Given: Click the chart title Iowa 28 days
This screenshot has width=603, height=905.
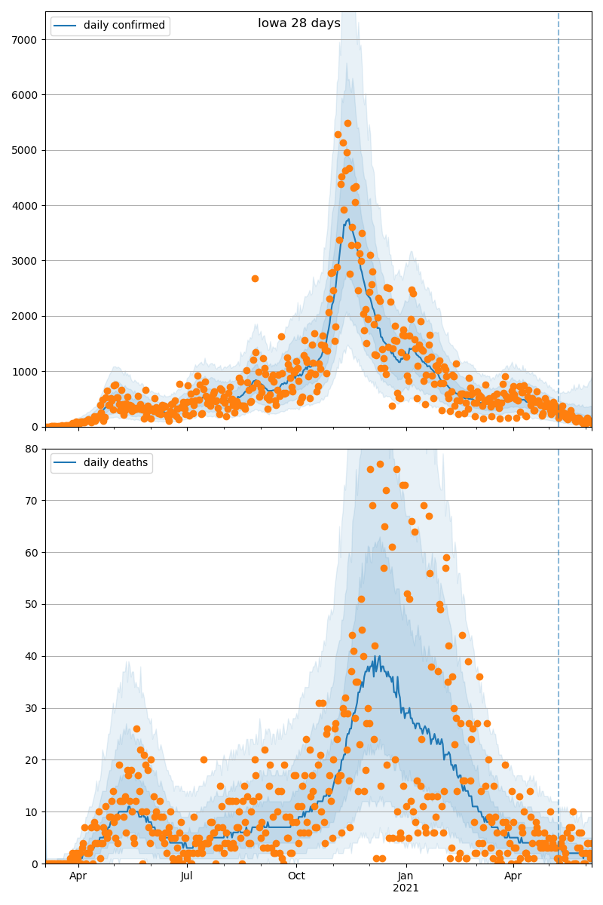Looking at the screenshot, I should (x=299, y=23).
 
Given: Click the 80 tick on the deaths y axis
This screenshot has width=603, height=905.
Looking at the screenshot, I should (x=32, y=449).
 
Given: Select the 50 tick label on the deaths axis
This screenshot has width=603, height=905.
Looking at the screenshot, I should (x=32, y=604).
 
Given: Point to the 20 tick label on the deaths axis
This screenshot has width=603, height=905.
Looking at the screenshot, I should (x=32, y=759).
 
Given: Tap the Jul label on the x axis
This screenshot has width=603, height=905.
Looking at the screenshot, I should (x=186, y=876).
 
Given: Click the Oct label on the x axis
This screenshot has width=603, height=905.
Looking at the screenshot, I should (x=296, y=876).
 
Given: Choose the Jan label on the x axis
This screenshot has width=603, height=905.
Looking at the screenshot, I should (x=406, y=876).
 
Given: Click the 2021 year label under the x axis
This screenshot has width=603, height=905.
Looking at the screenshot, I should (x=406, y=888).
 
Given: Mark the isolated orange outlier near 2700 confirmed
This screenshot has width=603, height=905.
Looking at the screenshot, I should (x=255, y=278).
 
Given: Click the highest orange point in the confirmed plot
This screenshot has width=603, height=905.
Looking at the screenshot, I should (x=347, y=123).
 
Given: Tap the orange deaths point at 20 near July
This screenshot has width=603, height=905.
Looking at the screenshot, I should (x=204, y=759).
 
